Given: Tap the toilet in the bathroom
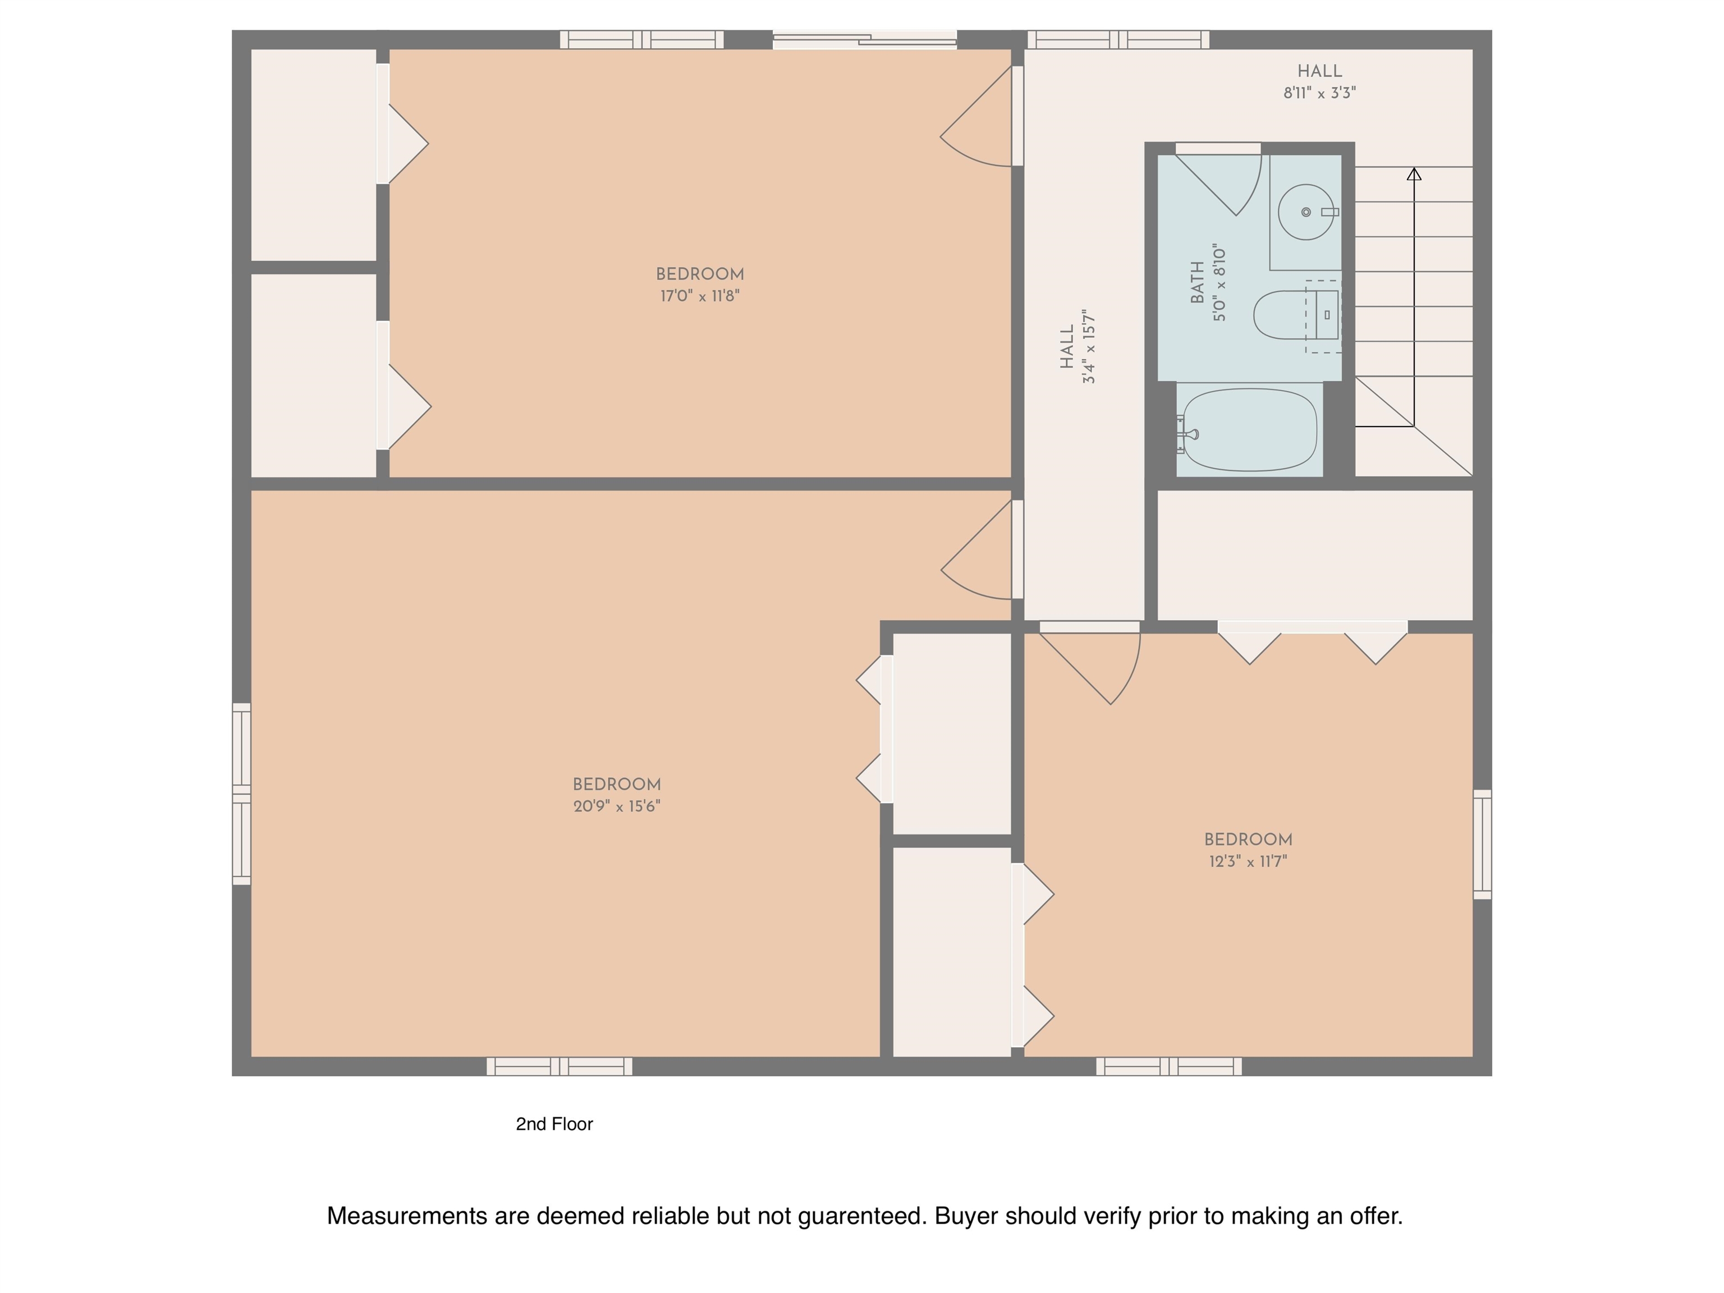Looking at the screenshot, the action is pos(1295,315).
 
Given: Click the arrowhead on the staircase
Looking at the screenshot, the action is pos(1414,174).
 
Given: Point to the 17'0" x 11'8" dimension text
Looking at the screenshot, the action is pos(700,296).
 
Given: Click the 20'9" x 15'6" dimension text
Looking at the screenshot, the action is pos(617,806).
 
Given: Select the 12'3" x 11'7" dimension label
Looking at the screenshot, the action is pos(1248,861).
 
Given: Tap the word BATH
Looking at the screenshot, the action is pos(1198,282).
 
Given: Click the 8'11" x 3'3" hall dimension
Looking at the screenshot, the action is pos(1319,93).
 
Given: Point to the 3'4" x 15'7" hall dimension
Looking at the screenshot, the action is pos(1089,346).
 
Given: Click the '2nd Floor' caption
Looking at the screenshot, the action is pos(554,1124).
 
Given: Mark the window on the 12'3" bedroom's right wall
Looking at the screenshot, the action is pos(1482,844).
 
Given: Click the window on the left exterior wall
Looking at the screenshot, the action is pos(242,794).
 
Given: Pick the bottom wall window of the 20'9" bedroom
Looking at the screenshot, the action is pos(560,1066).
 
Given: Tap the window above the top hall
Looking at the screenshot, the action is pos(1118,40).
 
